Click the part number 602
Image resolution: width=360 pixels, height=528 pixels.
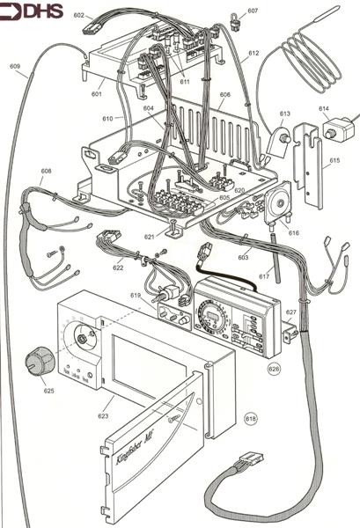(78, 16)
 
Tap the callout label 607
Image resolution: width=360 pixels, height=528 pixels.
(253, 11)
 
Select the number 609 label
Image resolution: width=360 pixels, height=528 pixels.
(15, 67)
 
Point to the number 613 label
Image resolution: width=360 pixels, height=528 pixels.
(284, 114)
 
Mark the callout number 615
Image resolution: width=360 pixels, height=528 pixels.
(334, 161)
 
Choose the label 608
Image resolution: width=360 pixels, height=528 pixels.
(46, 172)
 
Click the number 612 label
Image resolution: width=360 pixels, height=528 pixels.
(253, 54)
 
